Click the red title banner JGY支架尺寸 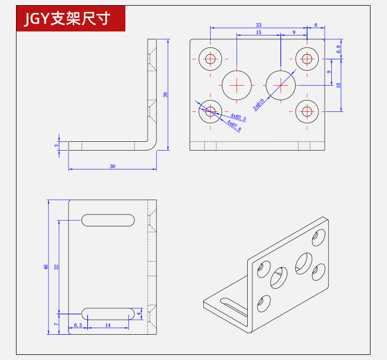pyautogui.click(x=71, y=19)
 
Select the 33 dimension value pyautogui.click(x=259, y=25)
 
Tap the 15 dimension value pyautogui.click(x=259, y=32)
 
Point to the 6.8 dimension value pyautogui.click(x=338, y=49)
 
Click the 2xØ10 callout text pyautogui.click(x=259, y=104)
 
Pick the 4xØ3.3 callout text pyautogui.click(x=238, y=117)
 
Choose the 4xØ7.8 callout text pyautogui.click(x=234, y=126)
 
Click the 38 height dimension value pyautogui.click(x=165, y=94)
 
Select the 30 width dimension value pyautogui.click(x=112, y=166)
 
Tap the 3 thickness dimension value pyautogui.click(x=57, y=145)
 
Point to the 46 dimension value pyautogui.click(x=45, y=267)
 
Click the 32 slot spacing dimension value pyautogui.click(x=57, y=267)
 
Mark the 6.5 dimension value pyautogui.click(x=78, y=325)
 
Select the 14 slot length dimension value pyautogui.click(x=108, y=325)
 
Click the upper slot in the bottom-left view pyautogui.click(x=108, y=220)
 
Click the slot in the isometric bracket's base pyautogui.click(x=233, y=307)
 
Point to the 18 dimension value pyautogui.click(x=338, y=85)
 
